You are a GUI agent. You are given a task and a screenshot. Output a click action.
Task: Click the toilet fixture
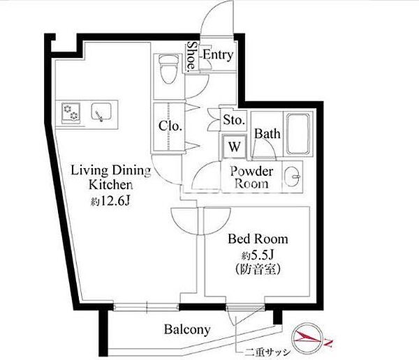tap(168, 69)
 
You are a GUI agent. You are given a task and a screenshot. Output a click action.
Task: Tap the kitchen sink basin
tap(101, 112)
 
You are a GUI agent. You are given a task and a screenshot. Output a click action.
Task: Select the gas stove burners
tap(71, 112)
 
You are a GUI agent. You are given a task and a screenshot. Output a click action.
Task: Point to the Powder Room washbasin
tap(293, 177)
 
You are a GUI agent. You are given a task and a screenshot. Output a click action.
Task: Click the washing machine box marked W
tap(234, 147)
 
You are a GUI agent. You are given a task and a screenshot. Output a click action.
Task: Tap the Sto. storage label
tap(234, 119)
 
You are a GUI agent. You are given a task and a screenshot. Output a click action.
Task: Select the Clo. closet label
tap(170, 126)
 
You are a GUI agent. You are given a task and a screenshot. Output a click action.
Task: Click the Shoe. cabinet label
tap(191, 57)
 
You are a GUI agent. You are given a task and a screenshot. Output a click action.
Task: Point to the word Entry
tap(218, 54)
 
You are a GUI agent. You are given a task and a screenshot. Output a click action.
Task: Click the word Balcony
tap(187, 329)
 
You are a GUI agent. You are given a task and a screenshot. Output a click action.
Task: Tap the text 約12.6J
tap(110, 201)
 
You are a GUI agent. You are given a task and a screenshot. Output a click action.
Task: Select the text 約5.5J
tap(258, 255)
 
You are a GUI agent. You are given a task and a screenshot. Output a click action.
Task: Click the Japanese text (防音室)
tap(258, 269)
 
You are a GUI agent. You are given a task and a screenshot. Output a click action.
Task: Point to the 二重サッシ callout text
tap(267, 352)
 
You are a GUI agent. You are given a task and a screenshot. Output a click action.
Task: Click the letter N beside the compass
tap(328, 342)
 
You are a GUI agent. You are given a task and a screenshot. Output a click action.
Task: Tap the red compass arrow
tap(307, 337)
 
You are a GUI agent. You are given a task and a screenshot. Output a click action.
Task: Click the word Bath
tap(267, 134)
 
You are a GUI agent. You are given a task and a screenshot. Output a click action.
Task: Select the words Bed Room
tap(258, 239)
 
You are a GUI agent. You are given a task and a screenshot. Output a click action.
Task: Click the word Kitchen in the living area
tap(110, 185)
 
